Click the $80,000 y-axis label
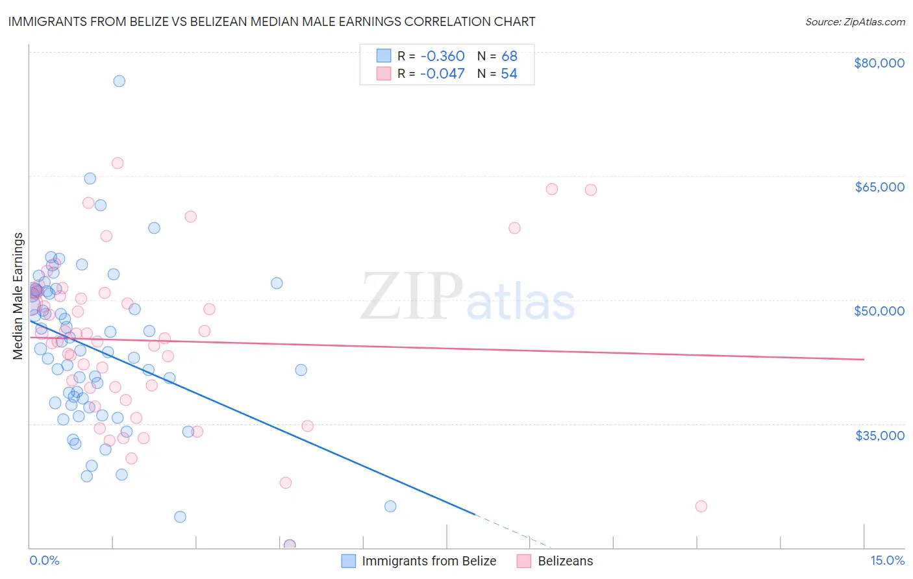(x=879, y=63)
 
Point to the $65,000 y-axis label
(x=879, y=187)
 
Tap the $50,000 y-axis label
(x=879, y=311)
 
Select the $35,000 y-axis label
(x=879, y=435)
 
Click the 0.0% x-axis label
(x=44, y=560)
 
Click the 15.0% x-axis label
(x=886, y=560)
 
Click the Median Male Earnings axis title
(x=18, y=295)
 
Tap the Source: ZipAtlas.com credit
(x=855, y=21)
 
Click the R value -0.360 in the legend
(x=442, y=56)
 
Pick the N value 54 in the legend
(x=509, y=74)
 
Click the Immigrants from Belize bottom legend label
(x=429, y=561)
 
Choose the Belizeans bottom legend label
(x=565, y=561)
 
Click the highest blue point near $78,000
(x=119, y=81)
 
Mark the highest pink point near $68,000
(x=118, y=163)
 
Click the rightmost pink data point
(x=701, y=506)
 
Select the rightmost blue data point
(x=390, y=506)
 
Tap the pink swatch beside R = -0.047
(x=384, y=74)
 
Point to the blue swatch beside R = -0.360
(x=384, y=56)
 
